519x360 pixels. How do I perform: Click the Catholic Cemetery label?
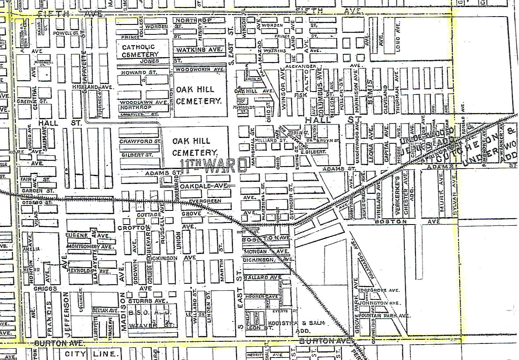[x=140, y=51]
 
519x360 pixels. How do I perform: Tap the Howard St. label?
[x=134, y=73]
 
